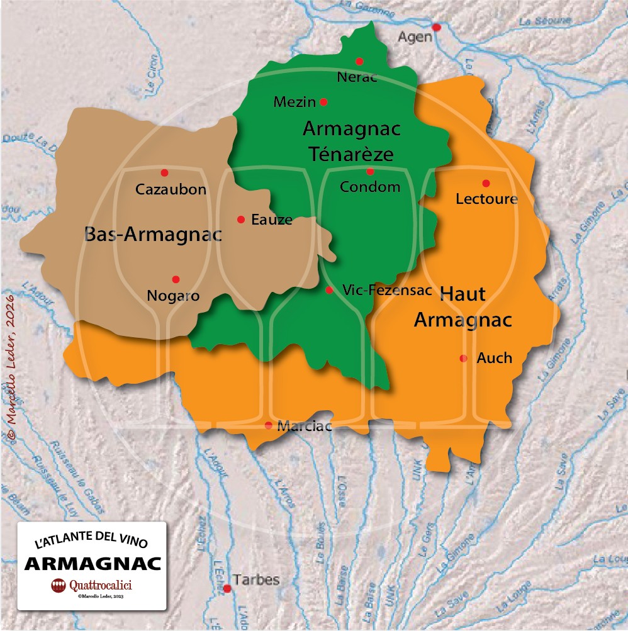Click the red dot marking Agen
[436, 27]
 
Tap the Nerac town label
[357, 77]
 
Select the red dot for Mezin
[323, 102]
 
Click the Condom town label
[370, 187]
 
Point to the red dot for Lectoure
[486, 183]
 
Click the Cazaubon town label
[171, 189]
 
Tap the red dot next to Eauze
[240, 220]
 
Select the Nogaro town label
[173, 295]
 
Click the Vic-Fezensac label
[387, 290]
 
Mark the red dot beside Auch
[464, 359]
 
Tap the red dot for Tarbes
[227, 588]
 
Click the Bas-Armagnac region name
[153, 235]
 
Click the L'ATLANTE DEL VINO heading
[92, 542]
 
